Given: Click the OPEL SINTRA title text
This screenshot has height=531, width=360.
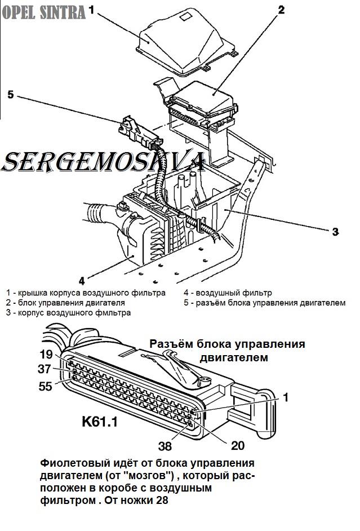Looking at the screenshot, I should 43,12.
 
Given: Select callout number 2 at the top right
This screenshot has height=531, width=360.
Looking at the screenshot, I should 281,10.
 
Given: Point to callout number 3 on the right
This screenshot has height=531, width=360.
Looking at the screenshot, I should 335,231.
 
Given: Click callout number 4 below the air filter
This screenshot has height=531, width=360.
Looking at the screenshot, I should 81,280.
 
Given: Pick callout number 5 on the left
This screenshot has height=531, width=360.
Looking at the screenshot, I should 10,94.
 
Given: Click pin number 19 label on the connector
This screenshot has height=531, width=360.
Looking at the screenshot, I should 46,355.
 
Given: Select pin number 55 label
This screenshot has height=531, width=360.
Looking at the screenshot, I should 46,386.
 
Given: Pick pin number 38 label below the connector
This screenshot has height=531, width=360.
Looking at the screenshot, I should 165,446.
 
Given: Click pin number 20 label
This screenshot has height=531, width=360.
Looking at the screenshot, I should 238,445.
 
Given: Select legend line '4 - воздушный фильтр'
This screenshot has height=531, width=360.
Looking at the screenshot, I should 228,293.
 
